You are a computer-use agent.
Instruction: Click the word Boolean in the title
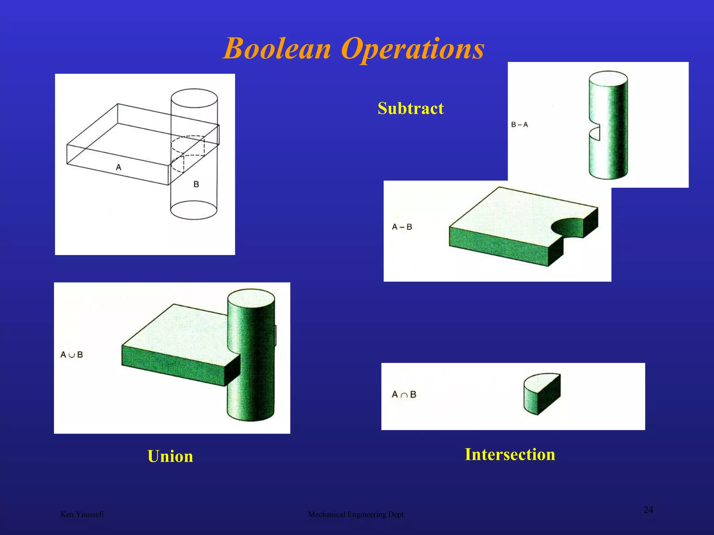[x=277, y=49]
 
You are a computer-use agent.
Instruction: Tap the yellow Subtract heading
[x=410, y=108]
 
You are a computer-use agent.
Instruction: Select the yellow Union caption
[x=170, y=456]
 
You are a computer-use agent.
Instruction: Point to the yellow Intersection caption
[x=510, y=455]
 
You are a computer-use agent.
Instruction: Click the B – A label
[x=519, y=125]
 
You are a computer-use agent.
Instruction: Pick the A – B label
[x=402, y=227]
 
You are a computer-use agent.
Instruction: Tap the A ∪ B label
[x=71, y=355]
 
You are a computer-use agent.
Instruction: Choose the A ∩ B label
[x=404, y=395]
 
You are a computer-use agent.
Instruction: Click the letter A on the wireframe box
[x=119, y=168]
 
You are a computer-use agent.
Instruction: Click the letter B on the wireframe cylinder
[x=196, y=184]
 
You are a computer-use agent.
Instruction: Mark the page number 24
[x=648, y=510]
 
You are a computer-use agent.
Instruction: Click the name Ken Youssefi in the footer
[x=82, y=514]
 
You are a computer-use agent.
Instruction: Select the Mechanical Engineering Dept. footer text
[x=357, y=514]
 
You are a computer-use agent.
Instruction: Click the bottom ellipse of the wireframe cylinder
[x=193, y=210]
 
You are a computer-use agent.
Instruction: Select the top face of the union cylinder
[x=251, y=298]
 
